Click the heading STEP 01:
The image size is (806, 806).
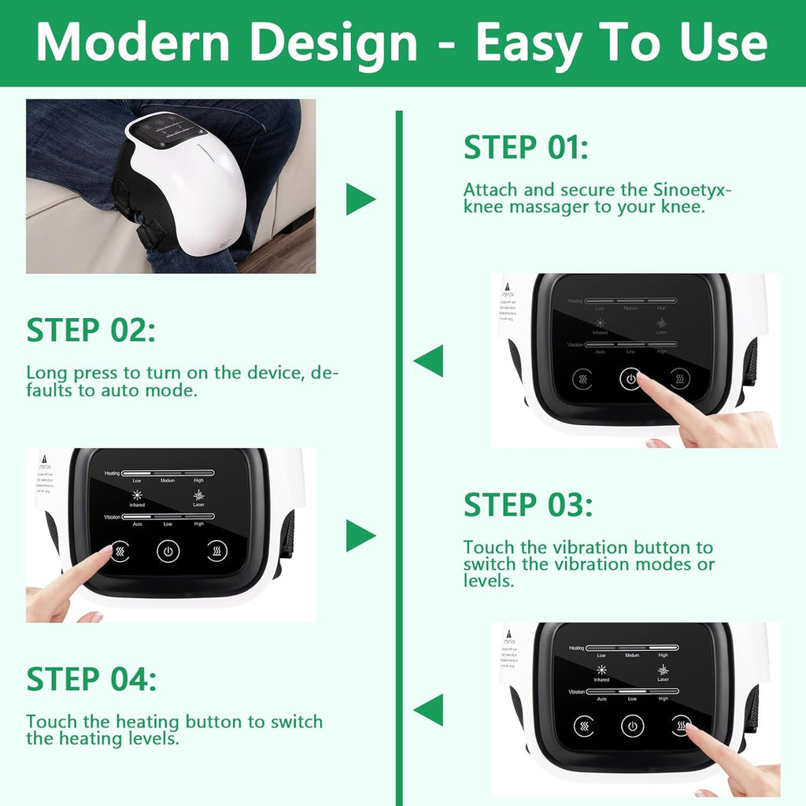525,148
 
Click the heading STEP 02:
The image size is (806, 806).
91,331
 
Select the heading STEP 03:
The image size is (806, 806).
527,505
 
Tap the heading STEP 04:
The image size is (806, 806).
91,678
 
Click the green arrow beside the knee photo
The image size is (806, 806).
360,199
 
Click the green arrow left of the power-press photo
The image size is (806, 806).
430,361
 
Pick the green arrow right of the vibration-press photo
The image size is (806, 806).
360,536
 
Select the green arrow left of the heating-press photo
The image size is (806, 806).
430,710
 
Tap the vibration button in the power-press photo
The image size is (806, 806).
583,379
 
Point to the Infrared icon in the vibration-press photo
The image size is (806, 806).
138,495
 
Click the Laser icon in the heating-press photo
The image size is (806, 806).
663,669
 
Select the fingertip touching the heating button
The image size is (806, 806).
690,728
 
